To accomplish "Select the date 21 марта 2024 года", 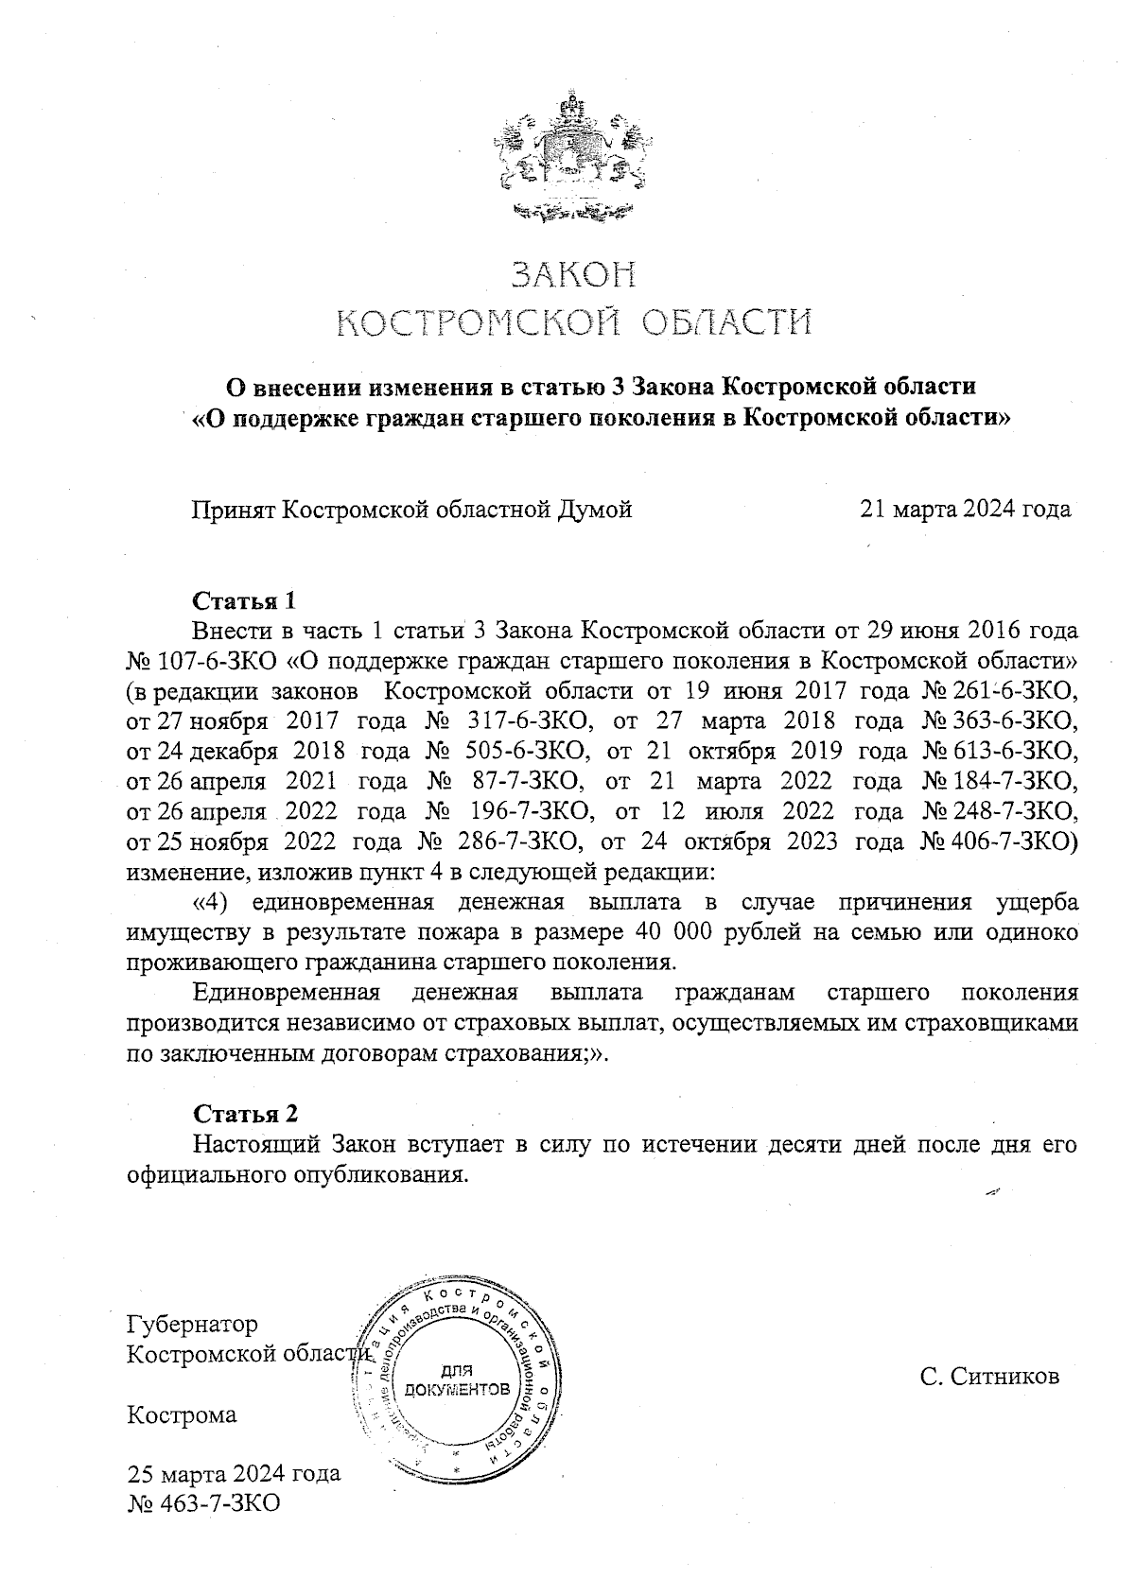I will (965, 510).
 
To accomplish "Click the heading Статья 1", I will (245, 601).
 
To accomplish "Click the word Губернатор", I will (193, 1324).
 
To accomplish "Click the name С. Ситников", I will (989, 1376).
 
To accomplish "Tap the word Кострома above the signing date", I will (182, 1415).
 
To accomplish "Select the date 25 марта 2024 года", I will (234, 1473).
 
